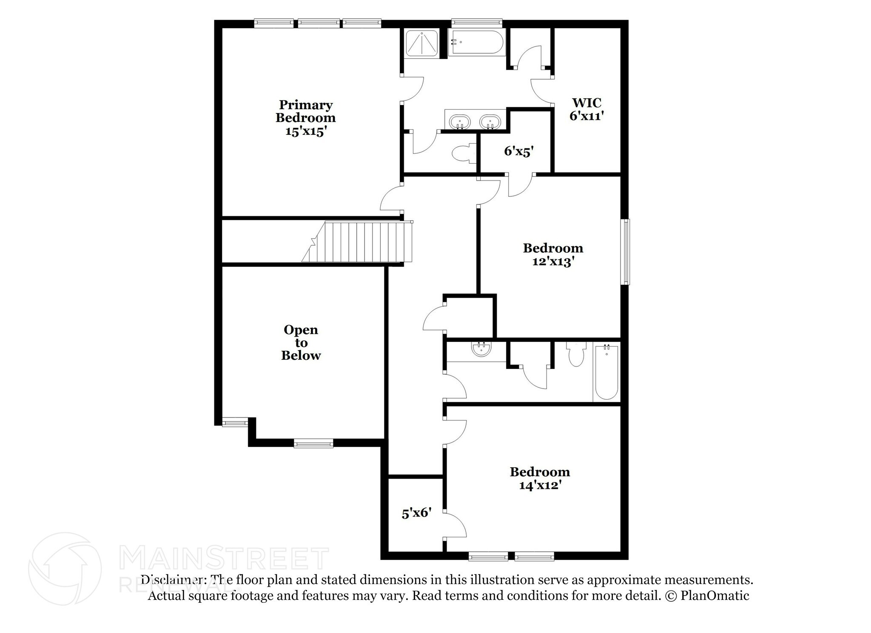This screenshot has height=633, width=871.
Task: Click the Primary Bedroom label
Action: click(x=305, y=118)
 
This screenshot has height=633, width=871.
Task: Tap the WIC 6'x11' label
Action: click(x=587, y=109)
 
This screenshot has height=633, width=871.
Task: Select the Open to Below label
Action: click(x=301, y=343)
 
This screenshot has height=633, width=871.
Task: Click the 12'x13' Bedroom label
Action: click(x=553, y=254)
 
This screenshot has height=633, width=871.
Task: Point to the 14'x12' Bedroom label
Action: click(x=540, y=478)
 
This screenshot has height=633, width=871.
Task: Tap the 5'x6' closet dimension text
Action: click(x=417, y=513)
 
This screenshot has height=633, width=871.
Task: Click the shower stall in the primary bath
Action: click(x=421, y=43)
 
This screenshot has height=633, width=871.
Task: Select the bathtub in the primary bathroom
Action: click(x=477, y=42)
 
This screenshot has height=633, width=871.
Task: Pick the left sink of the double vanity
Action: click(x=460, y=122)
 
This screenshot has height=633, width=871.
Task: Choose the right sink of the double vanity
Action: click(x=490, y=122)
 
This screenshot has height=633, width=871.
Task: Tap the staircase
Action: click(x=357, y=241)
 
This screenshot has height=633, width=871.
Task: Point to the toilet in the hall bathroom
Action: click(x=576, y=354)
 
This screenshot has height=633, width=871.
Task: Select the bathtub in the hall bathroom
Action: click(x=606, y=372)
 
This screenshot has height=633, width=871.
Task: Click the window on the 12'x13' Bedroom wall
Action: click(x=625, y=252)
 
